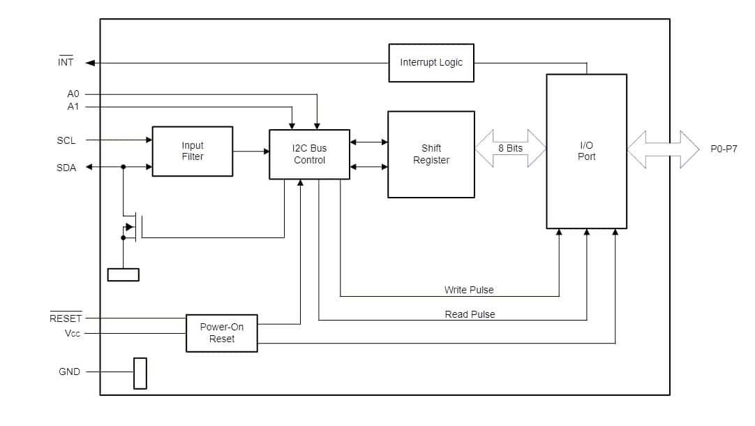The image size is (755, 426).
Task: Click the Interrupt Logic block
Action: click(431, 63)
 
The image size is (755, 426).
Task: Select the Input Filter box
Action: click(193, 152)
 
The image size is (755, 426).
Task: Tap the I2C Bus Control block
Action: click(309, 154)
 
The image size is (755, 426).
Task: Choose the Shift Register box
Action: click(431, 154)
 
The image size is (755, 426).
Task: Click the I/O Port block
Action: click(586, 152)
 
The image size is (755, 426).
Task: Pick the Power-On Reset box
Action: click(222, 333)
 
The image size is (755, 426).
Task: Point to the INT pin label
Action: click(66, 63)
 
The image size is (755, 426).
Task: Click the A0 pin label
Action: click(73, 94)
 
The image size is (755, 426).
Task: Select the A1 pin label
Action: click(73, 107)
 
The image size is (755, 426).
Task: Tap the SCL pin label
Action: click(66, 140)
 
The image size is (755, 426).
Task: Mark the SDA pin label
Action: click(66, 168)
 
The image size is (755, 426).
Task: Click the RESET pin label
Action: click(66, 318)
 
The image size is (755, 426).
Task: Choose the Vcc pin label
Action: click(73, 334)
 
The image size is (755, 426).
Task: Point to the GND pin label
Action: click(69, 372)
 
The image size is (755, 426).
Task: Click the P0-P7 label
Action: click(724, 149)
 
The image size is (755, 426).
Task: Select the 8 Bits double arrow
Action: click(510, 149)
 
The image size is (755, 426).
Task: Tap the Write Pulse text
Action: click(469, 290)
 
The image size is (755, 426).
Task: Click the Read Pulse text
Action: click(470, 314)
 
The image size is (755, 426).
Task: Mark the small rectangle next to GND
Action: click(140, 373)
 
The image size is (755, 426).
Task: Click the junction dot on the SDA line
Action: click(124, 167)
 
